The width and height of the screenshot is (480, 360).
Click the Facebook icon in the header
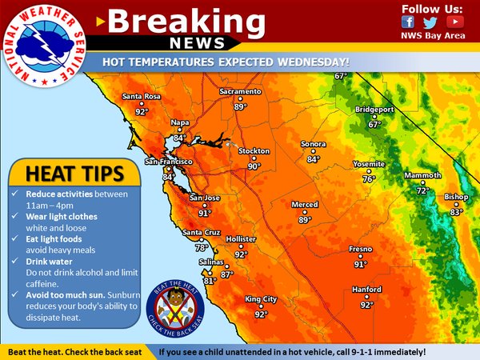click(408, 22)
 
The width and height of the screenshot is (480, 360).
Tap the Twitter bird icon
click(430, 22)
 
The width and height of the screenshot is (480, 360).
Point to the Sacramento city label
click(240, 93)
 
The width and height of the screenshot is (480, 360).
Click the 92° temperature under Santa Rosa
click(142, 113)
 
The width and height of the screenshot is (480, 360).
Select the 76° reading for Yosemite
click(369, 179)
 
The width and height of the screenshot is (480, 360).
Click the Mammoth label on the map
click(422, 175)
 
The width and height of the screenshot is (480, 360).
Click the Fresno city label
click(360, 250)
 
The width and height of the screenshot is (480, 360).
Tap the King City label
click(261, 300)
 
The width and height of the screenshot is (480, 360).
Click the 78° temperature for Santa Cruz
click(202, 248)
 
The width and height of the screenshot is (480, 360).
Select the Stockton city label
click(254, 151)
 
